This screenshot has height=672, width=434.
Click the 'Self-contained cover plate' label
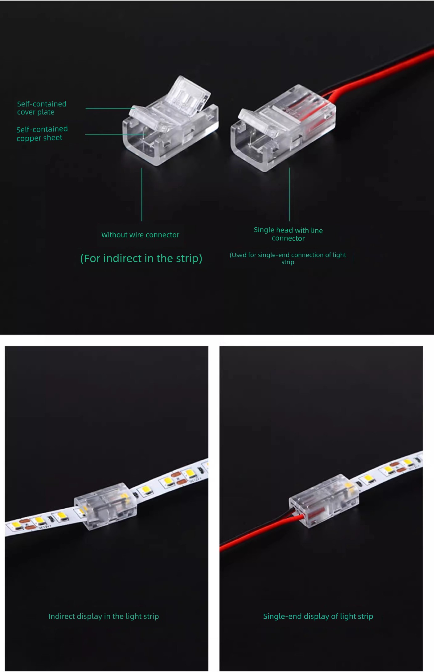[42, 108]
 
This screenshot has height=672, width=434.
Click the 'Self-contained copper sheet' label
[42, 133]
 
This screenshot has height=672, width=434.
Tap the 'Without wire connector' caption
[140, 235]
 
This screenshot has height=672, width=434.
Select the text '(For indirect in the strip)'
[141, 258]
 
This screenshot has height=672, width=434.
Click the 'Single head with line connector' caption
[288, 234]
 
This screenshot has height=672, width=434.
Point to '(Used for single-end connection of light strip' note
[288, 258]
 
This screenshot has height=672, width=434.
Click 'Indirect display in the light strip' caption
[104, 616]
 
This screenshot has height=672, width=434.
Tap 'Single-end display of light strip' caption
[318, 616]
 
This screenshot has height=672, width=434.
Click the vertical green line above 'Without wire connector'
[142, 194]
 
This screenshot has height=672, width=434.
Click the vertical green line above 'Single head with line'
[289, 194]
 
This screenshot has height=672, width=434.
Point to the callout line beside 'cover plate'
[110, 108]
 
